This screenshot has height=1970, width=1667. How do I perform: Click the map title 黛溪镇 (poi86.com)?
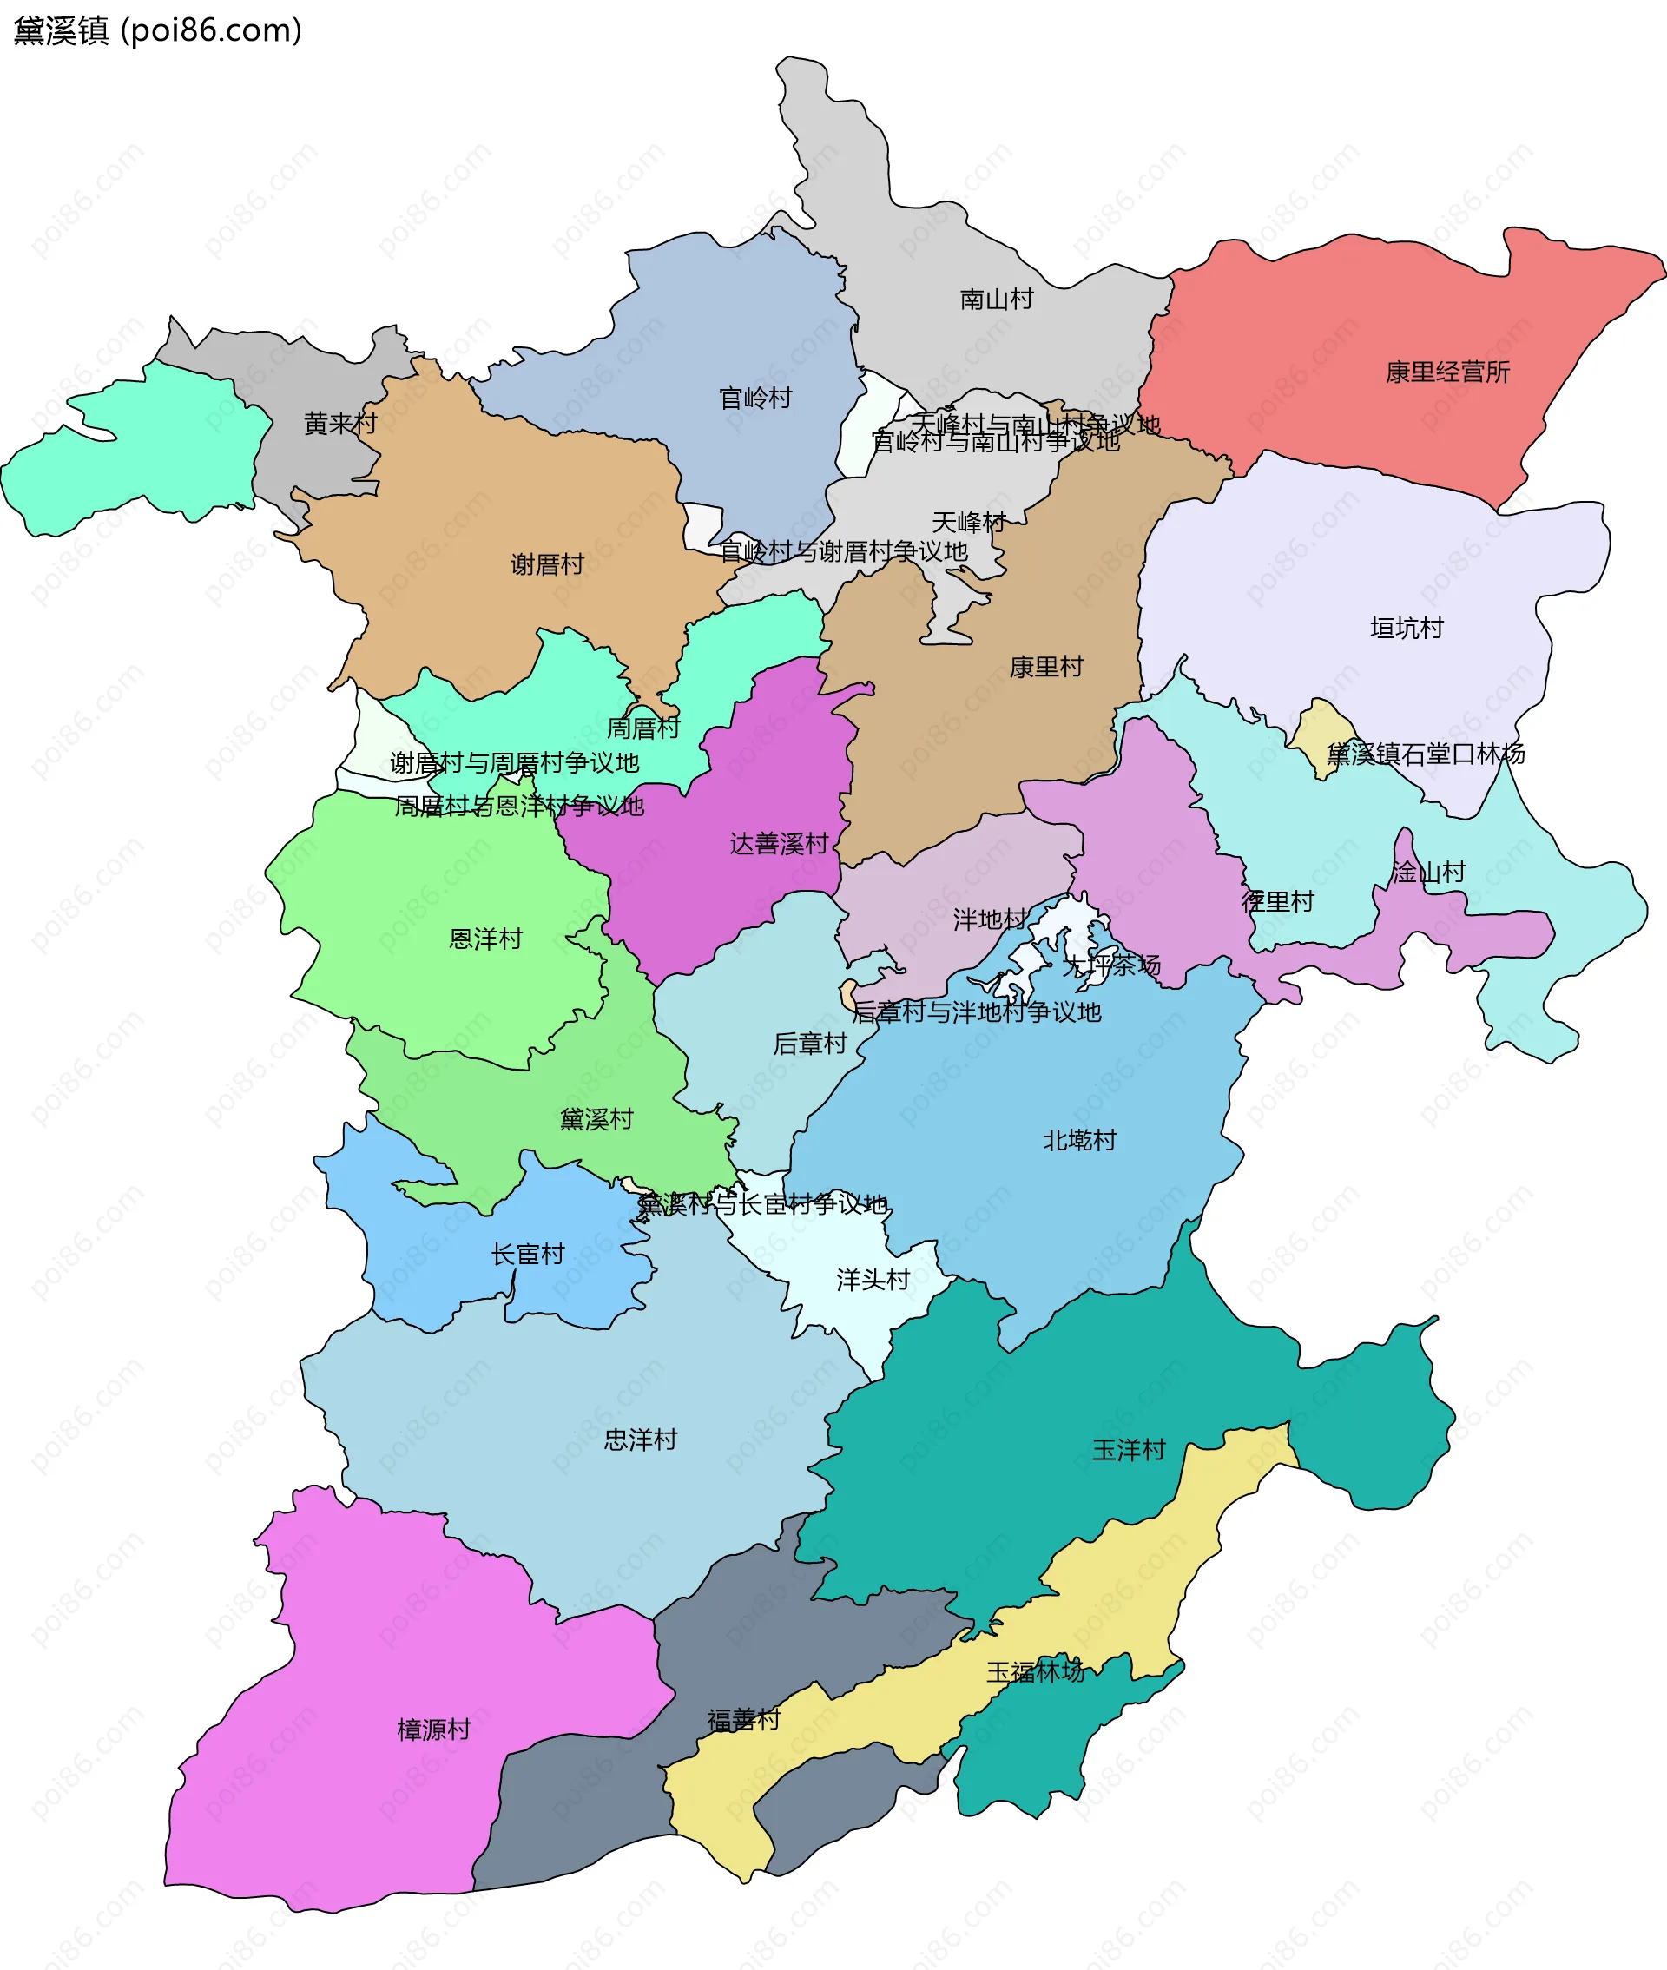click(x=157, y=31)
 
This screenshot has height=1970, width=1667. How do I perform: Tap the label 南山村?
click(x=996, y=300)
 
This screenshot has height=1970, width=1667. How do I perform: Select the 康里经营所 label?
click(x=1446, y=372)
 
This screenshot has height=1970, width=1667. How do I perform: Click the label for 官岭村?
click(x=755, y=399)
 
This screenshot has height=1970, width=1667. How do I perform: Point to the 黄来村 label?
click(x=340, y=424)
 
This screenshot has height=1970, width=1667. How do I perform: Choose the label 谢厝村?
click(x=547, y=565)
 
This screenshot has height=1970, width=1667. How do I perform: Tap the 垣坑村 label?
click(x=1407, y=629)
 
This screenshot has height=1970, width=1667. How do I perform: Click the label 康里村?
click(x=1045, y=667)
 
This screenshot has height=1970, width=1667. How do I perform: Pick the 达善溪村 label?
click(x=779, y=844)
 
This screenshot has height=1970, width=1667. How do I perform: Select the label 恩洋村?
click(x=484, y=939)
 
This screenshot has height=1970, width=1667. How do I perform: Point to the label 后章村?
click(x=809, y=1044)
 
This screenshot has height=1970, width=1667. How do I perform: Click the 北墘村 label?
click(x=1079, y=1141)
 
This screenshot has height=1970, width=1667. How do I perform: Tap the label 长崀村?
click(x=527, y=1255)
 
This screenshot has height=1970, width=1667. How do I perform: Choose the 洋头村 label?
click(x=873, y=1281)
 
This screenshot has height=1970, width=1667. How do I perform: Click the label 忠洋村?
click(x=641, y=1440)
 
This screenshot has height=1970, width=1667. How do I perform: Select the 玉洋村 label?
click(x=1129, y=1450)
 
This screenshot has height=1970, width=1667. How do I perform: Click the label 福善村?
click(x=744, y=1721)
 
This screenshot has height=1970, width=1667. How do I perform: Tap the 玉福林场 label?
click(x=1036, y=1672)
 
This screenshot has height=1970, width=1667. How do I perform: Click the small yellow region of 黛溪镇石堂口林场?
click(x=1321, y=738)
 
